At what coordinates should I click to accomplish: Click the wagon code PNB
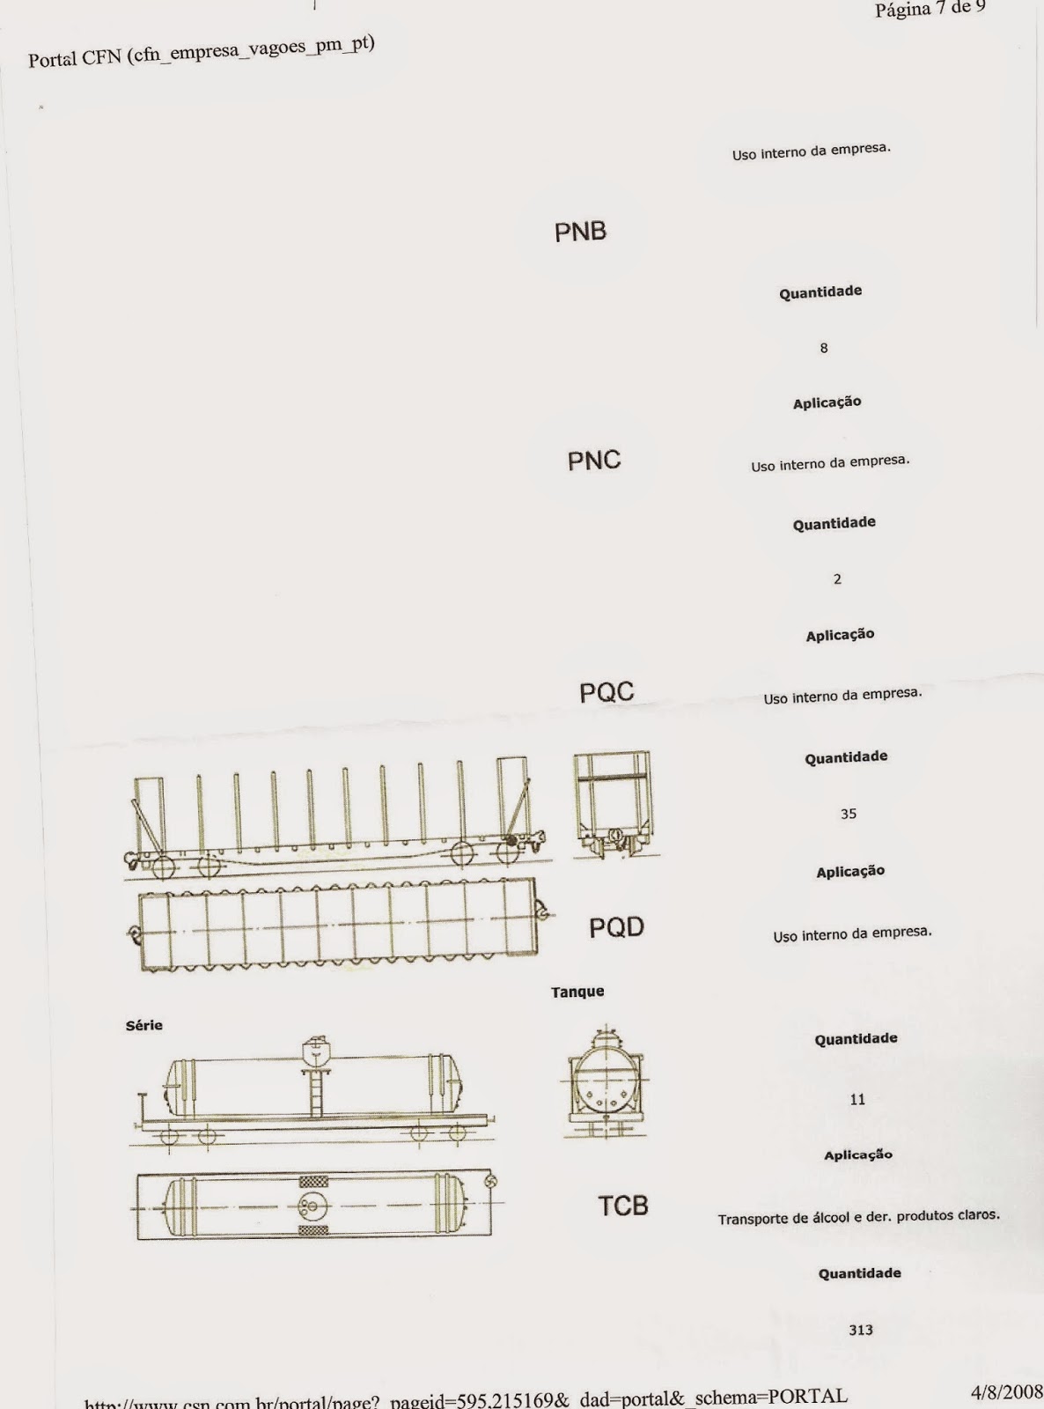[580, 232]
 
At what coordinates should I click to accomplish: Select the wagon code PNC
[593, 461]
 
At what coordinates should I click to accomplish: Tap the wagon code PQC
[607, 692]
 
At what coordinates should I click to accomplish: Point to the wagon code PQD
[616, 927]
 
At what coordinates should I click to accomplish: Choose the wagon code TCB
[623, 1206]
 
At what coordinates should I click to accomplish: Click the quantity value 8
[824, 348]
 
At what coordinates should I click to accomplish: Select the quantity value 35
[848, 814]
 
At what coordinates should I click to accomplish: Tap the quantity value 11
[857, 1099]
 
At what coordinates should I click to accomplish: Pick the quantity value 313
[861, 1330]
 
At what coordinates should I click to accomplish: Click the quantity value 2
[837, 579]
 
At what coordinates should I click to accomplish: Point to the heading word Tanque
[577, 992]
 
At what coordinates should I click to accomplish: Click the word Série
[144, 1025]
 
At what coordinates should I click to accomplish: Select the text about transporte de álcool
[858, 1217]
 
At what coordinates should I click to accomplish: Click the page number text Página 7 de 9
[930, 9]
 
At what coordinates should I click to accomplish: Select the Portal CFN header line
[202, 51]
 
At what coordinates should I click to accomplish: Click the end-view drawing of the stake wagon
[614, 804]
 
